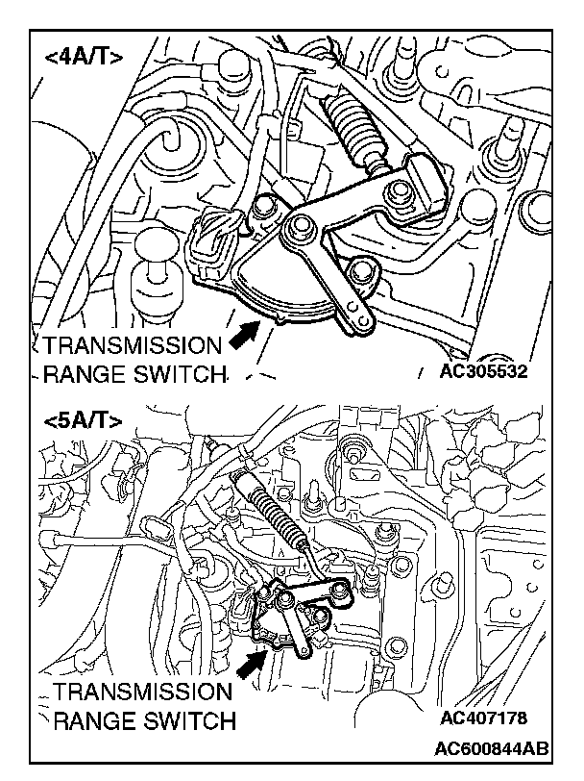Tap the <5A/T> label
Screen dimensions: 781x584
tap(84, 420)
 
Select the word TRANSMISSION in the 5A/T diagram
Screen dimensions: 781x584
tap(142, 693)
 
